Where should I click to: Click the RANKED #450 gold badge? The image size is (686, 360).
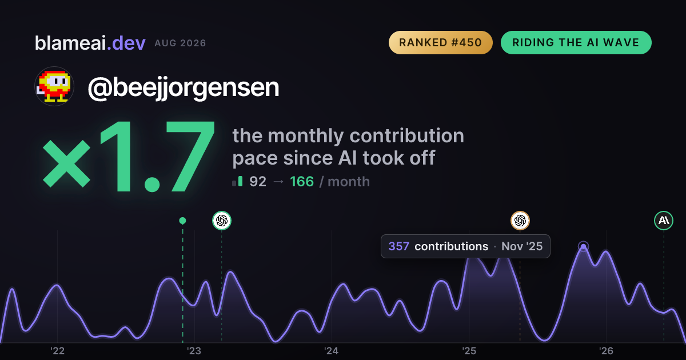point(440,42)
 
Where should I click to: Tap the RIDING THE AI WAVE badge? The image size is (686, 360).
point(576,42)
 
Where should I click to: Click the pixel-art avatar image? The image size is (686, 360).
point(54,86)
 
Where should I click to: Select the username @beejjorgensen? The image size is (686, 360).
point(184,88)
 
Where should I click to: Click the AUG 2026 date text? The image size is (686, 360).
point(180,43)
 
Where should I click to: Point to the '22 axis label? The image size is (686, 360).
point(57,351)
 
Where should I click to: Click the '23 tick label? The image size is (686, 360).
point(194,351)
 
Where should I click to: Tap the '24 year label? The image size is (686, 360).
point(332,351)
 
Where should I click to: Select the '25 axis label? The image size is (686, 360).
point(469,351)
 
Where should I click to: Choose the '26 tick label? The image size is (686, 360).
point(606,351)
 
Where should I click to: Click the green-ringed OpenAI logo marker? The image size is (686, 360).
point(222,221)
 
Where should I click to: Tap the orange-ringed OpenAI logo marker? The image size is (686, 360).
point(520,221)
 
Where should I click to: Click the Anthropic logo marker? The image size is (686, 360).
point(664,221)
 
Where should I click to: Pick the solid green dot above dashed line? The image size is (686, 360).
point(182,221)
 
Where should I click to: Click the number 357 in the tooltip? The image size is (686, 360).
point(399,246)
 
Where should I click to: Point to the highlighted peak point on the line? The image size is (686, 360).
point(584,246)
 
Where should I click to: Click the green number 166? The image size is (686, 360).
point(302,182)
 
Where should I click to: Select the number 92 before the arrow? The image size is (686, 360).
point(258,182)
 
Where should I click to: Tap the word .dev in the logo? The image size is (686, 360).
point(126,43)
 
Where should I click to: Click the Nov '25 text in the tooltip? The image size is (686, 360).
point(522,246)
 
